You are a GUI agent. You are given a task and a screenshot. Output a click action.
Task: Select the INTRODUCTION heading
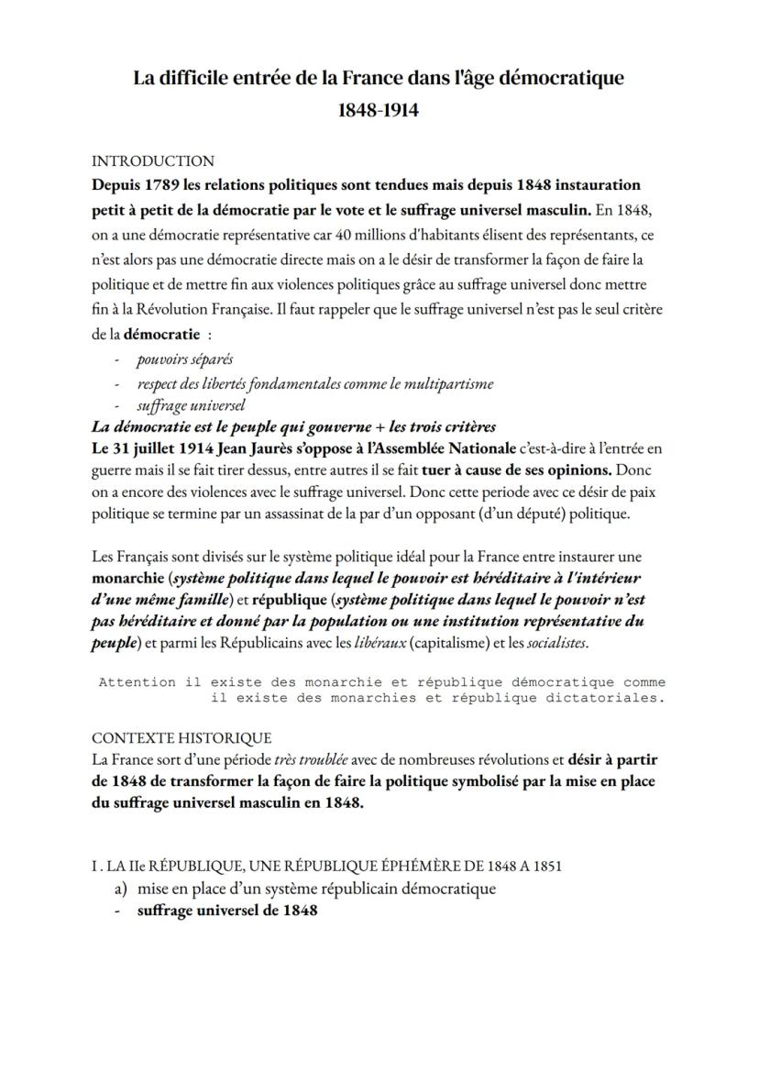153,161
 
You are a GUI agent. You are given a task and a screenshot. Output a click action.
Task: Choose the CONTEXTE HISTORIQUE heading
181,737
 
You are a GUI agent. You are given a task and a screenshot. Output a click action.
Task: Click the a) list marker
121,889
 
